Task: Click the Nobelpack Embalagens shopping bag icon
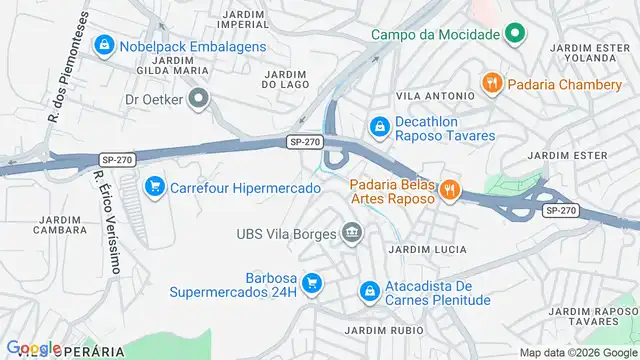(104, 46)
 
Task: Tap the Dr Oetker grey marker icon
(199, 99)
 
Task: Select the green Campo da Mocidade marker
(514, 34)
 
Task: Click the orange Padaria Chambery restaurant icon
(491, 84)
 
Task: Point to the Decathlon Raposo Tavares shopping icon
(379, 127)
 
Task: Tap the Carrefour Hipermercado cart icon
(154, 187)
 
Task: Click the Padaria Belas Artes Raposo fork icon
(450, 188)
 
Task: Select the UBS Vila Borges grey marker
(351, 235)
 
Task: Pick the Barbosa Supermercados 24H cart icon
(312, 285)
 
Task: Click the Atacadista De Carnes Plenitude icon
(369, 291)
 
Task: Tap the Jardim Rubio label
(375, 330)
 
